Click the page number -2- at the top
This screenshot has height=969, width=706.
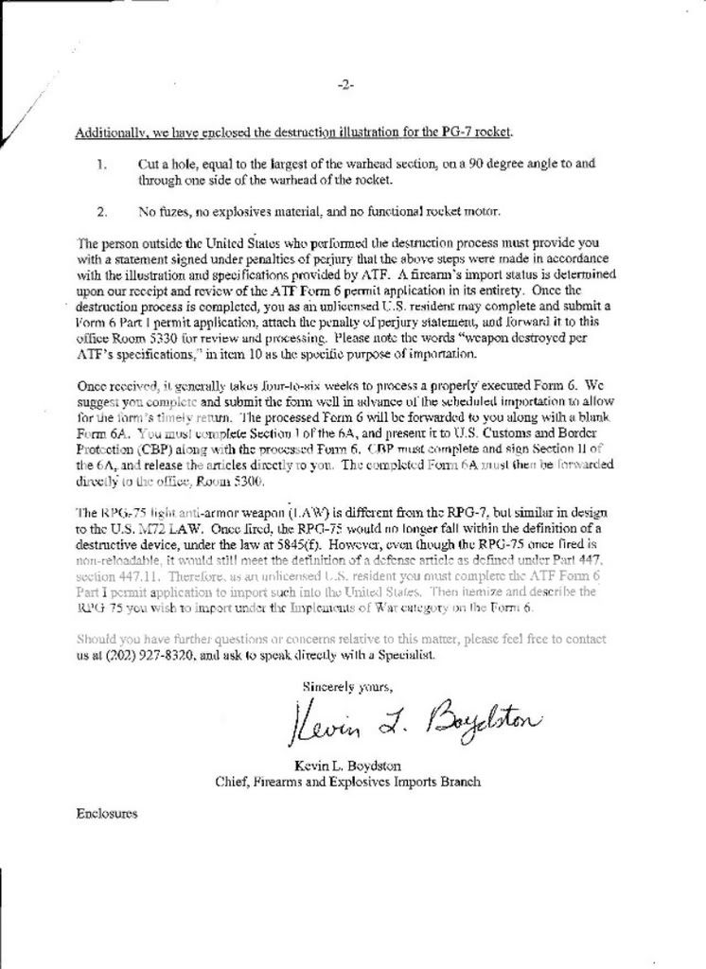pos(345,85)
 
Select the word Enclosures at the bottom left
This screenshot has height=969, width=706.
pos(107,813)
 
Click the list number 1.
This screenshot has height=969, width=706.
pos(101,164)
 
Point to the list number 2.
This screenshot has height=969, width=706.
pos(101,210)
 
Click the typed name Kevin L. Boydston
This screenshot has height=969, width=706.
pos(347,765)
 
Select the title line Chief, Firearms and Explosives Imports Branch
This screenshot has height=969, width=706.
pos(347,782)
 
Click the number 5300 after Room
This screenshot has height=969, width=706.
pos(233,482)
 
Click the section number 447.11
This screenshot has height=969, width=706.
pos(139,575)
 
